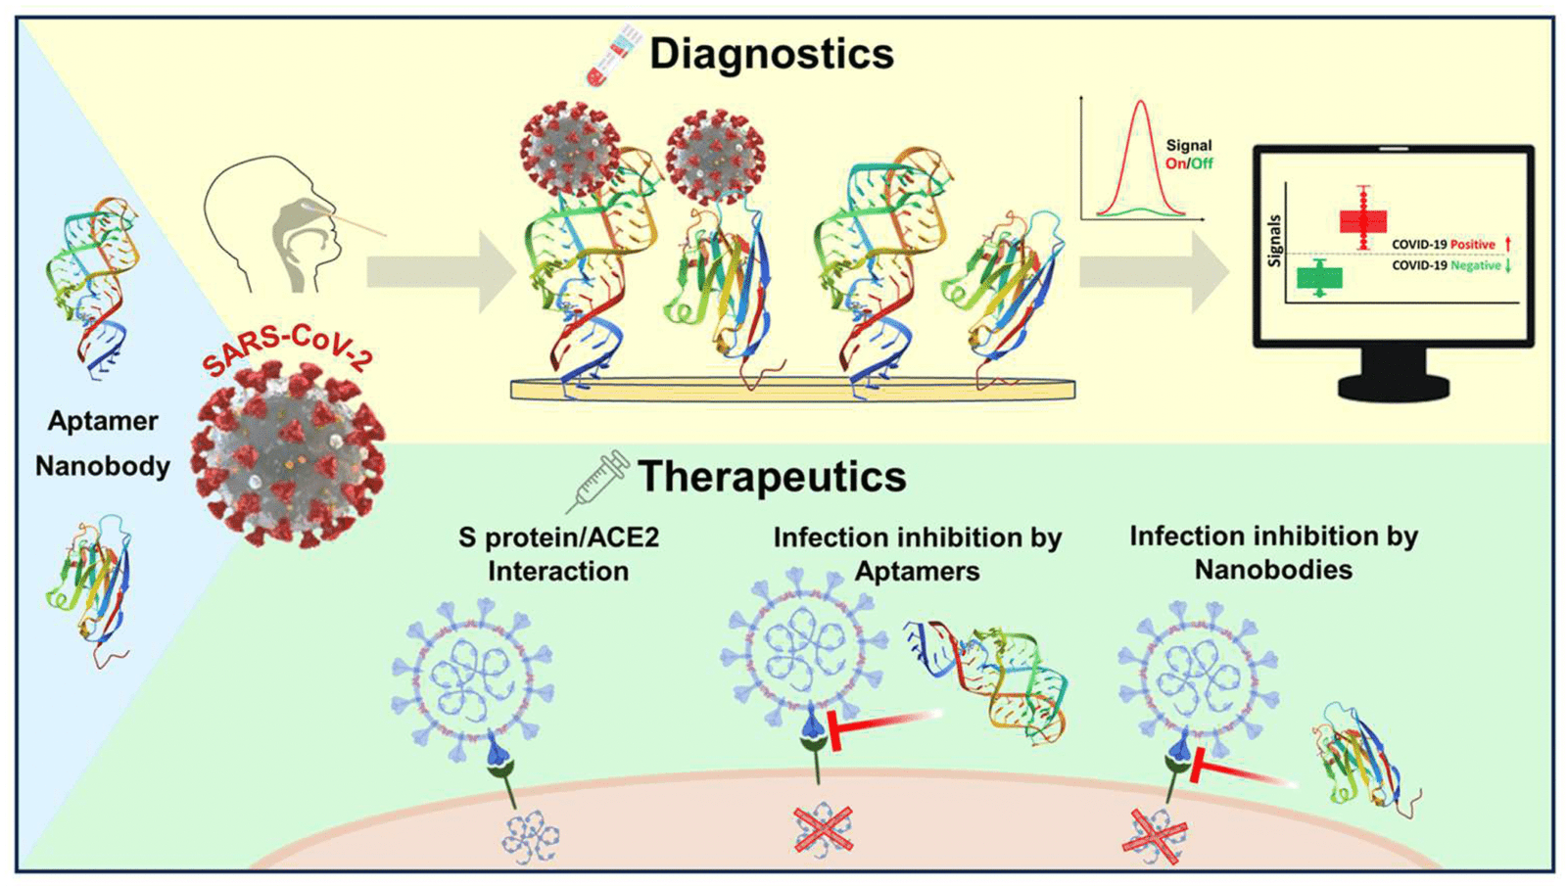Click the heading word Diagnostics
[x=771, y=53]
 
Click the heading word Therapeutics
[x=771, y=477]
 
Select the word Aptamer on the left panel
[x=103, y=421]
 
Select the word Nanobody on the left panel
[x=103, y=466]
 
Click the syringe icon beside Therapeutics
[x=597, y=481]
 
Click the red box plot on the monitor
[x=1363, y=219]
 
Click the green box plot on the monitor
[x=1319, y=278]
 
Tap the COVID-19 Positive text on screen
[x=1444, y=244]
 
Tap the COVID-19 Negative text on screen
[x=1447, y=265]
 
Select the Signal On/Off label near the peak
[x=1188, y=154]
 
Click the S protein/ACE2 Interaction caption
[x=558, y=554]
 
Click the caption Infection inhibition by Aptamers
[x=917, y=554]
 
